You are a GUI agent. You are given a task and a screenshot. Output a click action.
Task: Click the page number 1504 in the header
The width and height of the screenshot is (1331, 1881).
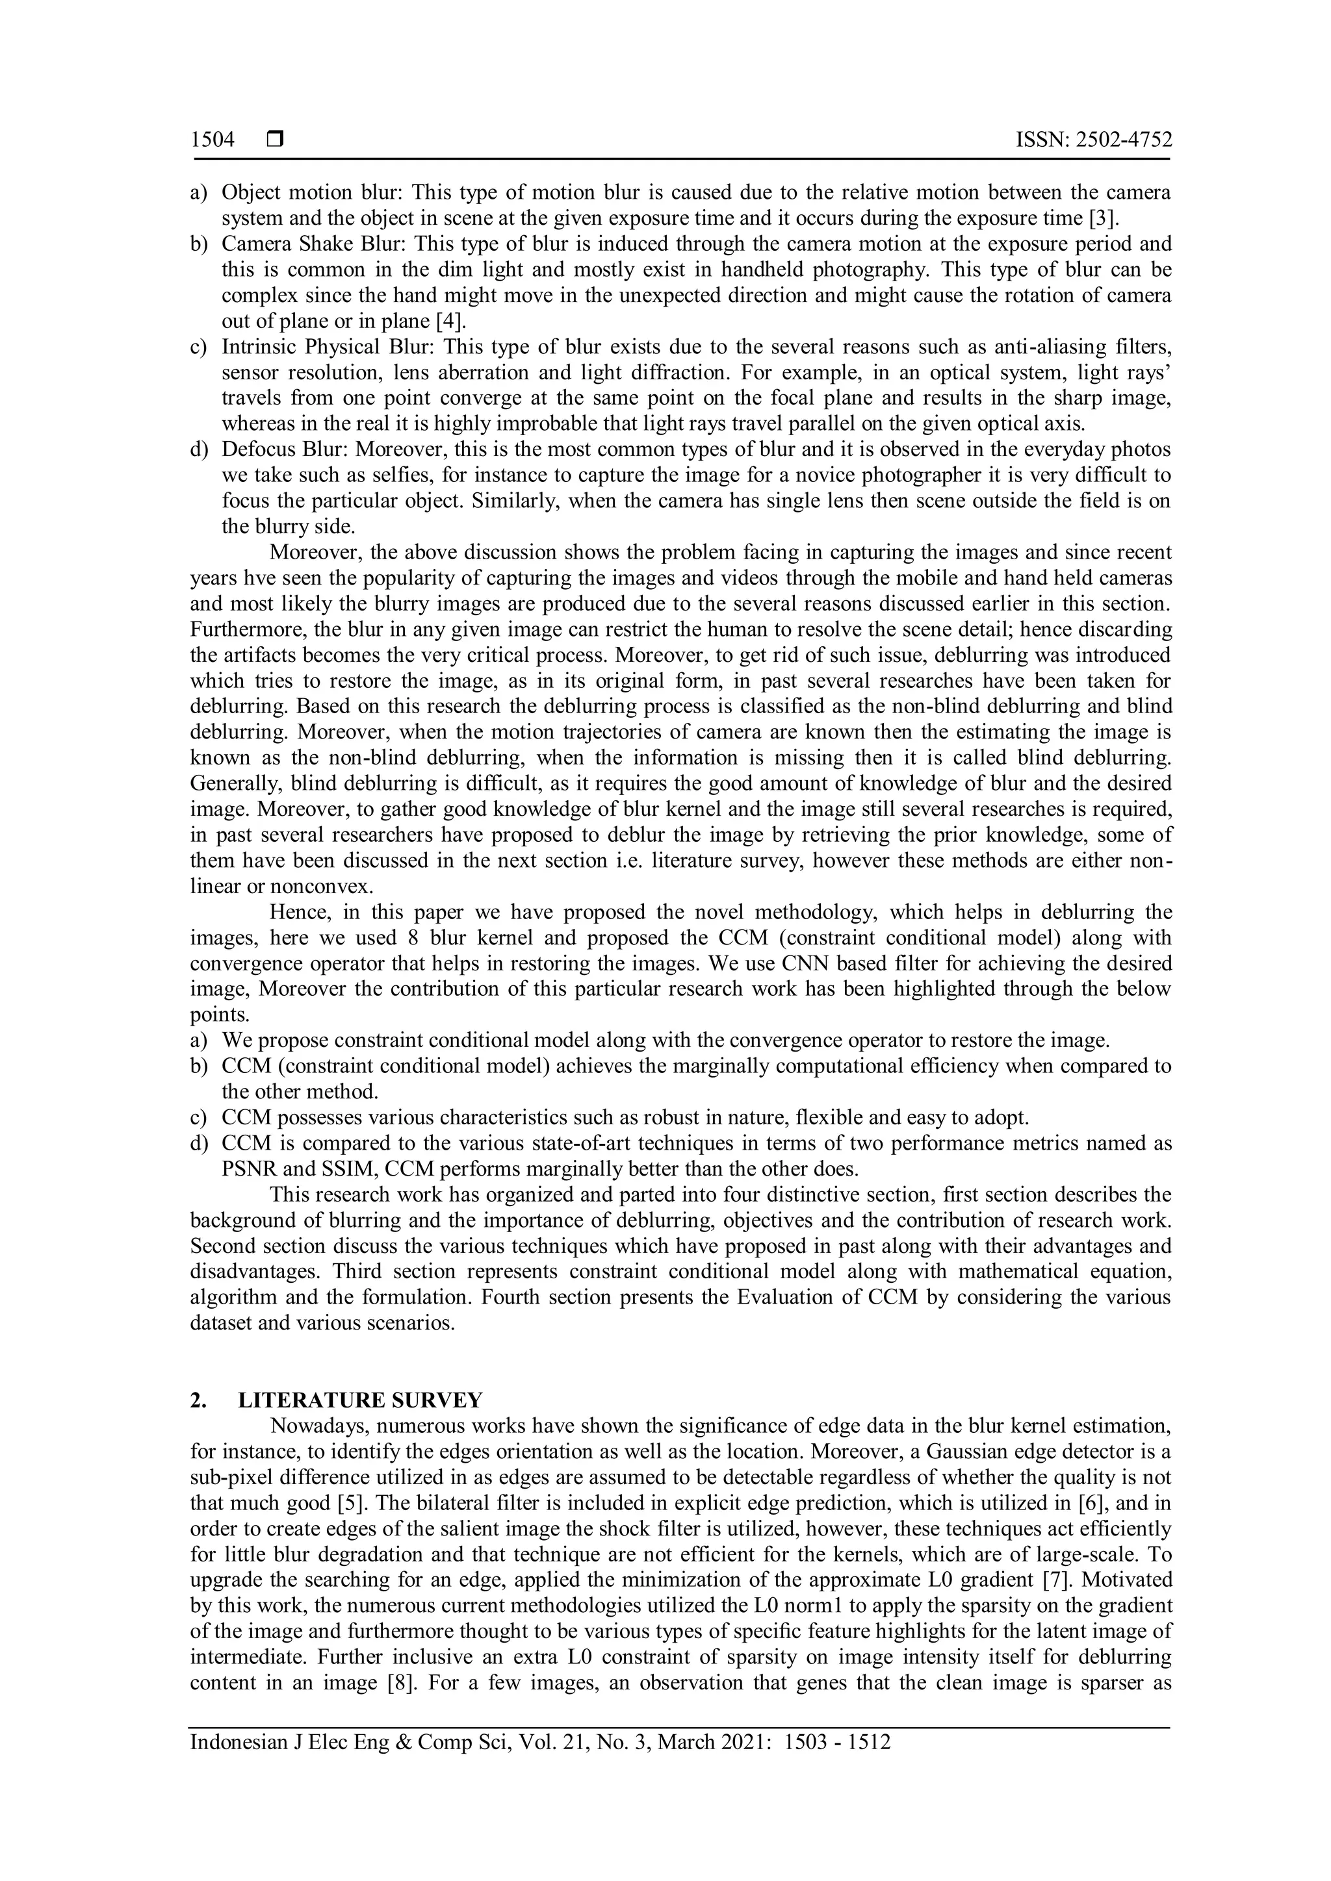coord(213,140)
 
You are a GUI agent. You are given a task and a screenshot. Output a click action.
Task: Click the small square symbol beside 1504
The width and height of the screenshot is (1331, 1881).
coord(274,141)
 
